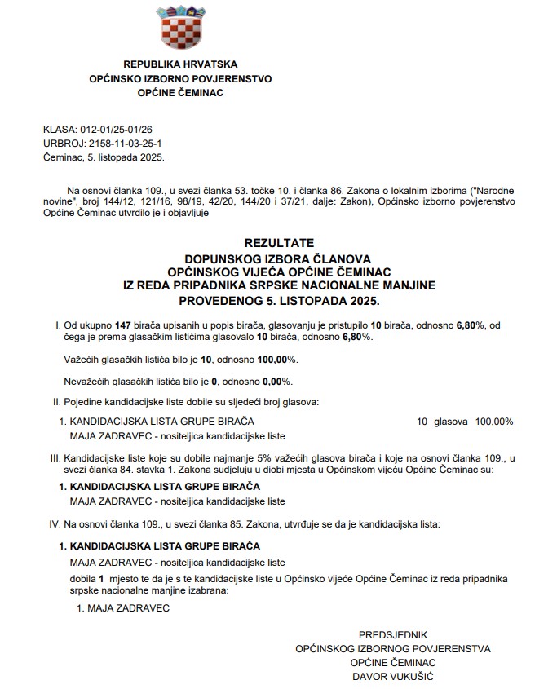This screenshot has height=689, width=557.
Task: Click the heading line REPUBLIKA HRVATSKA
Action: [x=180, y=64]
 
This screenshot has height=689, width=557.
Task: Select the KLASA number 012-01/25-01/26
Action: [x=116, y=130]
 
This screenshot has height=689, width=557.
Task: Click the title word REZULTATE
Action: [x=278, y=243]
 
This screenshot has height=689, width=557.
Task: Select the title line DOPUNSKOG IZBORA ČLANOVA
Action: [x=278, y=257]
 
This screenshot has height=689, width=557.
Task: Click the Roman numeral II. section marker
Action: [x=55, y=402]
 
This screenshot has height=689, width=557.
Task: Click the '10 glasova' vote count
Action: [x=441, y=422]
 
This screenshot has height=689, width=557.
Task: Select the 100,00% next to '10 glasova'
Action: [x=494, y=422]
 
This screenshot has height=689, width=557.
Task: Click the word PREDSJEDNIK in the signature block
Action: [x=393, y=634]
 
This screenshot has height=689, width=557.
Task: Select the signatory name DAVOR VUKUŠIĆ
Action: [x=393, y=677]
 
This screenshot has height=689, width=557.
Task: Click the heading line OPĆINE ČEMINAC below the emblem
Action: [x=180, y=92]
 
